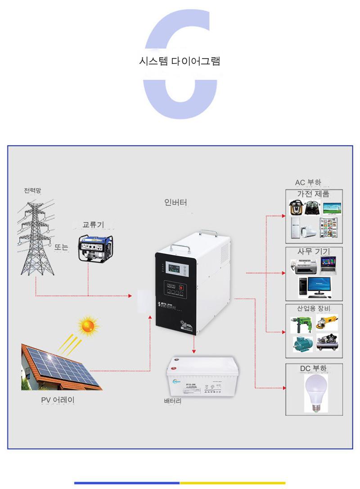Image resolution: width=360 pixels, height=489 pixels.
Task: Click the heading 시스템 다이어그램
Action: (x=180, y=61)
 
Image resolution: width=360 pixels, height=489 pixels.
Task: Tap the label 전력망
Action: (x=32, y=190)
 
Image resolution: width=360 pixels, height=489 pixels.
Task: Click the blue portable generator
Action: (x=95, y=247)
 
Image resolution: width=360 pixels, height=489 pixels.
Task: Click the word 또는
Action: (x=61, y=247)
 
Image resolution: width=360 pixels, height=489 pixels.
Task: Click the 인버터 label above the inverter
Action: (x=175, y=202)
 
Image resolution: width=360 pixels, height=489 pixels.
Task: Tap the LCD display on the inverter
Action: (x=176, y=270)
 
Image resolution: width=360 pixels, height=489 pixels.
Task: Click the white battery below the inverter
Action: (x=201, y=376)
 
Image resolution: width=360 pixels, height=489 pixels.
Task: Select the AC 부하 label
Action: (x=308, y=182)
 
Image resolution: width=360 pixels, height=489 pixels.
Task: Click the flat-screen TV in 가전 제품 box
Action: (x=332, y=208)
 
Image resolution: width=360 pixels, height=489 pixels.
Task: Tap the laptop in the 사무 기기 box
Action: (x=328, y=266)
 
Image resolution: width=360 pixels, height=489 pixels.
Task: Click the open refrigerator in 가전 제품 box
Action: (x=329, y=227)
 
